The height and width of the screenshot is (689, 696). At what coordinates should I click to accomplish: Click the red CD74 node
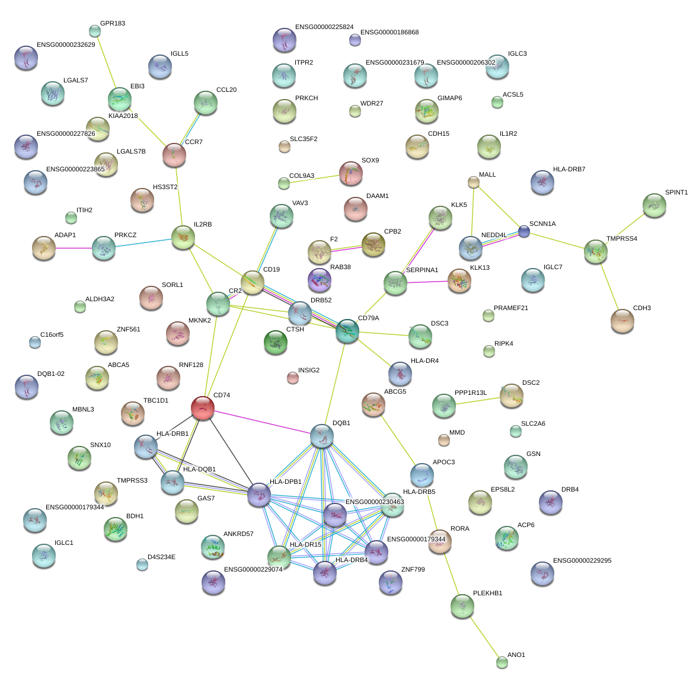[203, 409]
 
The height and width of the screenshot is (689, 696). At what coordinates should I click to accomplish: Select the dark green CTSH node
[275, 343]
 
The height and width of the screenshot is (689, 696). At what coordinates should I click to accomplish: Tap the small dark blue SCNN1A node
[524, 231]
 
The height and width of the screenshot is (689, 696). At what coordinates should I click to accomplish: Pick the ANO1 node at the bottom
[502, 662]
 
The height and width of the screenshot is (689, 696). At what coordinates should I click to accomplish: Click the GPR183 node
[94, 30]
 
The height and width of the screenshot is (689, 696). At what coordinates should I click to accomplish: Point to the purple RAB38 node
[320, 279]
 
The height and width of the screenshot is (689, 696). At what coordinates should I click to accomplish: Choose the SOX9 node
[351, 173]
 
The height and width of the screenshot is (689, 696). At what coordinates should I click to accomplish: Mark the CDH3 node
[622, 321]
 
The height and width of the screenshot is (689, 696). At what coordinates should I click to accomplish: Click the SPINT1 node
[654, 205]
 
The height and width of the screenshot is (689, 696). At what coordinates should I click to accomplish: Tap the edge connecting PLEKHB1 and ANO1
[482, 634]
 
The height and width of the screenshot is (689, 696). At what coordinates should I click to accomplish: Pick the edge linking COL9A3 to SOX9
[315, 178]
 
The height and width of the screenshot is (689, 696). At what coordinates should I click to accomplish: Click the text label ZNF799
[413, 570]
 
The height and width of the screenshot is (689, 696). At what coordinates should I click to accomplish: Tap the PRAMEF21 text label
[510, 308]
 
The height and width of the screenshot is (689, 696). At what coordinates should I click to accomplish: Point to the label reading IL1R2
[508, 134]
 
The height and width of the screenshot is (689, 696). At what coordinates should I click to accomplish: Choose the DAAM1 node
[355, 208]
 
